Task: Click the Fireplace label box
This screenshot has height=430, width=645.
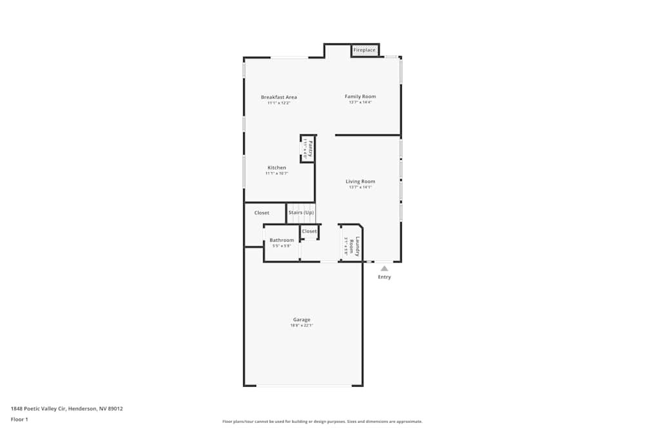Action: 364,50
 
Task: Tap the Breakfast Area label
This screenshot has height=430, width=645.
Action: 279,97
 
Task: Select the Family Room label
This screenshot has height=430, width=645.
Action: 360,97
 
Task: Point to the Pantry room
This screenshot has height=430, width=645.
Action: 308,149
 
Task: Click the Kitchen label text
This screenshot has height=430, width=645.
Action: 277,168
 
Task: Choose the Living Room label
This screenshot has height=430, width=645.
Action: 360,182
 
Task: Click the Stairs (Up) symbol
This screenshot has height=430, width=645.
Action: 301,213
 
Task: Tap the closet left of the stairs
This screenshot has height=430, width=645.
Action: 262,213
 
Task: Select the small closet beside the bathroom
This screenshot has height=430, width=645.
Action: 310,231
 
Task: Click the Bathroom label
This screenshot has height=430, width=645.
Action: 282,240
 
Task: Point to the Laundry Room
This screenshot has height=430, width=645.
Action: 352,245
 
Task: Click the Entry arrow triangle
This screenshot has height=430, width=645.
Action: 384,268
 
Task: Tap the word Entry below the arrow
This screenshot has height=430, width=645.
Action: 384,277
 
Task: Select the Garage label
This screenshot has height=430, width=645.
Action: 302,320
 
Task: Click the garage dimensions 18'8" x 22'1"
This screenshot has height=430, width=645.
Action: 302,326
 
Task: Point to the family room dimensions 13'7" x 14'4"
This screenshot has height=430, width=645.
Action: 360,103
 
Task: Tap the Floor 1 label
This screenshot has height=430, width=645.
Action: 19,419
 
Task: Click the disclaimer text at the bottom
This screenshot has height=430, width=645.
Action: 322,422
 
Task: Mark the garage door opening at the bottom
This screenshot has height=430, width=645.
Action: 304,386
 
